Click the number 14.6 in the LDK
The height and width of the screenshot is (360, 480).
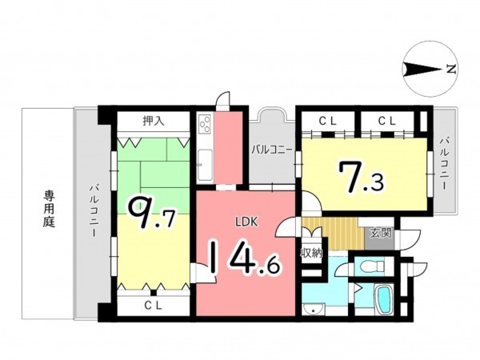point(244,257)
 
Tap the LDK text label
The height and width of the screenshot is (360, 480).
point(246,222)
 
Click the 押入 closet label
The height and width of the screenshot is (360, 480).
point(154,121)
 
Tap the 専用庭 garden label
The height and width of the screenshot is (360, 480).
point(49,209)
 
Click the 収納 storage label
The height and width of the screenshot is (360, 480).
point(311,253)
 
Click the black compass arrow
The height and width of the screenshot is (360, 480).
point(422,69)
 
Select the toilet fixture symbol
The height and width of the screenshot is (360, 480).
point(372,266)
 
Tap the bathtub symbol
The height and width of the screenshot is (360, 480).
point(384,299)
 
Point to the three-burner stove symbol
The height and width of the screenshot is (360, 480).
point(205,124)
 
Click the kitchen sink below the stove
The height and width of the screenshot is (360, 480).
point(205,165)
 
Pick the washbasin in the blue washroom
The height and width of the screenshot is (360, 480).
point(313,309)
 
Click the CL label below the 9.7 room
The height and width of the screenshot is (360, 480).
point(153,306)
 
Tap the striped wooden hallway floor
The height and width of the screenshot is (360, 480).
point(333,234)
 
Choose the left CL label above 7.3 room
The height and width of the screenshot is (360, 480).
point(328,122)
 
